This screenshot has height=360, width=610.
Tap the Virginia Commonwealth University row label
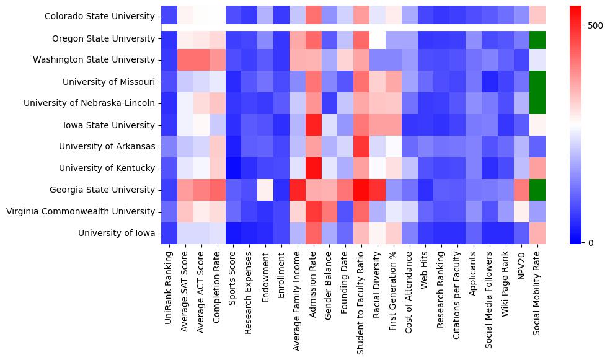(x=81, y=211)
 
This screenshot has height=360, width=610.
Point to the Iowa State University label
(x=109, y=125)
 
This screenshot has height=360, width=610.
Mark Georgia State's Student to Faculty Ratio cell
(x=361, y=190)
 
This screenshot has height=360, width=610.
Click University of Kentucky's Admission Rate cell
(x=312, y=168)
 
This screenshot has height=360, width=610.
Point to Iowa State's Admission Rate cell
(x=312, y=125)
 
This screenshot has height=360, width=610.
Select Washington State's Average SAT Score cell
(x=183, y=60)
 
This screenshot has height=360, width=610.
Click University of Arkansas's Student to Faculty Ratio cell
(x=361, y=146)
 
